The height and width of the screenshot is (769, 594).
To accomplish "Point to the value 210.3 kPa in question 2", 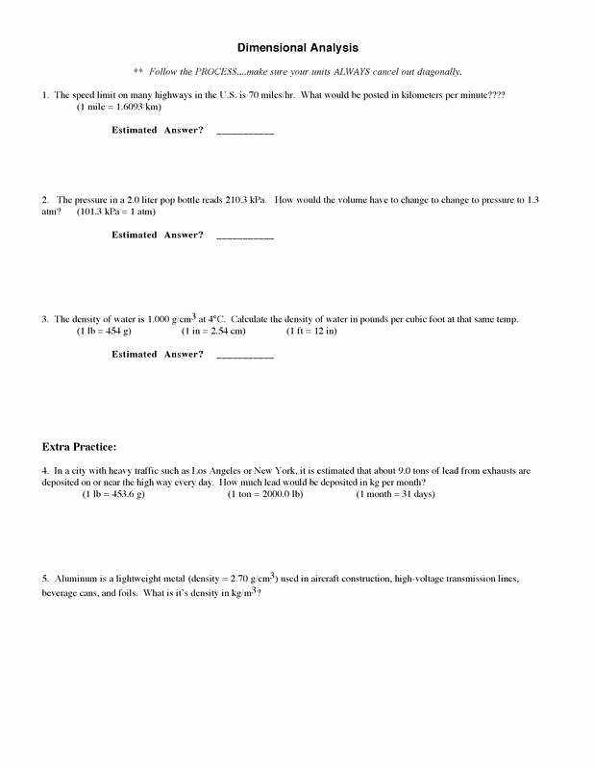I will (246, 200).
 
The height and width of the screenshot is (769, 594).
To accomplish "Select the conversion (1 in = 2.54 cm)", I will (213, 331).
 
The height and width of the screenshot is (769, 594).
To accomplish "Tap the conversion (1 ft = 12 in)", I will (312, 331).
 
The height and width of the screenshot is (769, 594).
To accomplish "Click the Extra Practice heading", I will (80, 447).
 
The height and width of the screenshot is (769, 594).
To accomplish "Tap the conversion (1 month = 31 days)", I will (395, 494).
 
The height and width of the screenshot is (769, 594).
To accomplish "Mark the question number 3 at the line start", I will (45, 319).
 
